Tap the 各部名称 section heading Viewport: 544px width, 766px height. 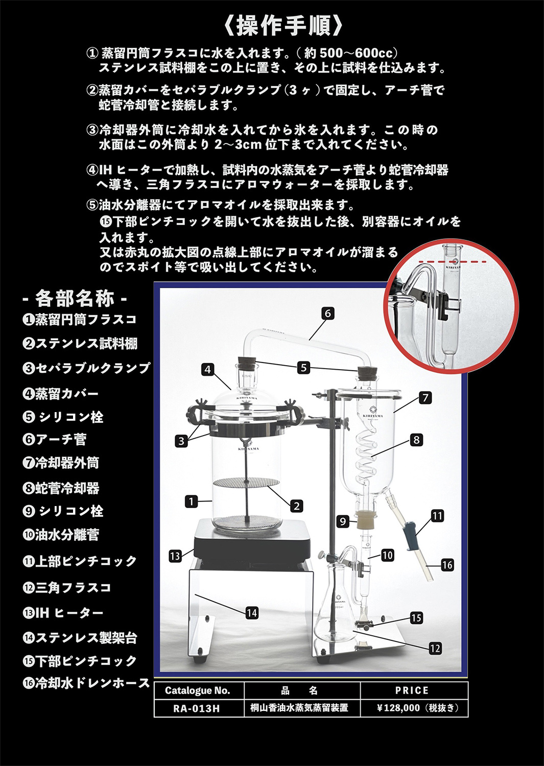75,298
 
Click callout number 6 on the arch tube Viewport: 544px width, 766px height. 328,313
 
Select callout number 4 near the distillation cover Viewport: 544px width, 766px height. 207,369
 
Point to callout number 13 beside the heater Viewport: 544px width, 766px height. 175,556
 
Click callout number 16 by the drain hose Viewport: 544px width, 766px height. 447,565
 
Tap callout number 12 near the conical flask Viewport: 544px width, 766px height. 435,648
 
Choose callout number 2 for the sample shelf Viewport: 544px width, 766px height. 296,506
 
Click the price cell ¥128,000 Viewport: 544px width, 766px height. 414,708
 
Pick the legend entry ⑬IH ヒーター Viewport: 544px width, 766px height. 63,612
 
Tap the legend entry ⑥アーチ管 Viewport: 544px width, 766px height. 55,439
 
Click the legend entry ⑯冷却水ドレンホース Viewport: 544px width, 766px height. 86,683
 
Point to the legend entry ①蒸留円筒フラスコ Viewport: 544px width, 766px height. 80,320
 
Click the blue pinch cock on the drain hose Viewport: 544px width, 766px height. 410,536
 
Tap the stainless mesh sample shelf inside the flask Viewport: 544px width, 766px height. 245,482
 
